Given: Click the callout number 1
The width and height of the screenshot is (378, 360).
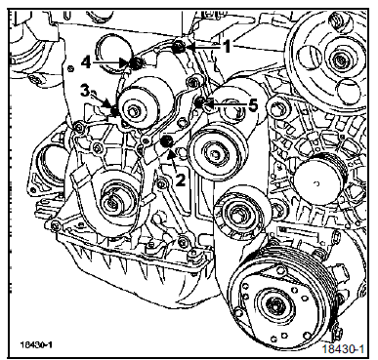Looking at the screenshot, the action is pos(227,47).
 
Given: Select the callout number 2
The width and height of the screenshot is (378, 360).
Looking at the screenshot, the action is pos(180,179).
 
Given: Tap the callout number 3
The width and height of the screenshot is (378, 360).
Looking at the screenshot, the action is pos(85,92).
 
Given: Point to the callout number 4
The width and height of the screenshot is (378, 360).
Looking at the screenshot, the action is pos(86,62).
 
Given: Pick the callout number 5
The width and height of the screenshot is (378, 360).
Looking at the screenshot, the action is pos(253,104).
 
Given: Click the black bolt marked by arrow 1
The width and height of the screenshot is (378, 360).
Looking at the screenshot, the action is pos(179,48).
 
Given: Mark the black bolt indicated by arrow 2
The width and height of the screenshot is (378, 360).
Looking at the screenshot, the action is pos(167,142).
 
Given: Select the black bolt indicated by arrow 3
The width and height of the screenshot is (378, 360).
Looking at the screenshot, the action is pos(115,111).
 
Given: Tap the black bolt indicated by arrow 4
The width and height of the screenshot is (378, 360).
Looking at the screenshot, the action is pos(136,63).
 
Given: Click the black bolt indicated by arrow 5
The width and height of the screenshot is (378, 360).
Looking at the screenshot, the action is pos(199,102).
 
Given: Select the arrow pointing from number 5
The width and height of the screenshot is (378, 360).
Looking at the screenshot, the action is pos(226,104).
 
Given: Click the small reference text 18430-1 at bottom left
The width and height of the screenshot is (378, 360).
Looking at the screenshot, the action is pos(36,344).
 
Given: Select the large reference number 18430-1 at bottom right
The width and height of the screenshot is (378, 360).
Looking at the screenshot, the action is pos(343,348).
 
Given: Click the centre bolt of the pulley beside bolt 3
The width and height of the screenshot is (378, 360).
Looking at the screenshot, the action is pos(133,111).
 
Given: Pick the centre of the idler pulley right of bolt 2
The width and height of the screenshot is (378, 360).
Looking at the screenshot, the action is pos(216,152).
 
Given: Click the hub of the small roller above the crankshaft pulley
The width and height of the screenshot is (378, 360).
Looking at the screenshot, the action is pos(237,214).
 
